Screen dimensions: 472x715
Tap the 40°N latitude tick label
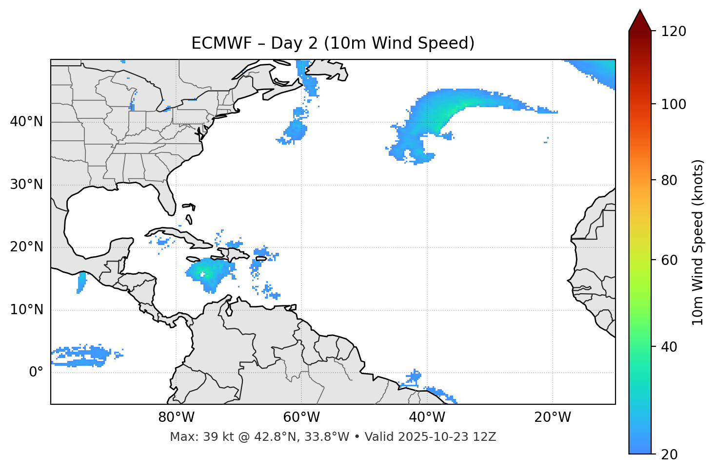[26, 122]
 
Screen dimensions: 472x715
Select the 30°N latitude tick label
[26, 185]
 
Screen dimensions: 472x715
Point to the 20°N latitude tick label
[26, 247]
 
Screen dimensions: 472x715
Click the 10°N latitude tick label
[26, 310]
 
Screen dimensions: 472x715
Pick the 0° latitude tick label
[36, 372]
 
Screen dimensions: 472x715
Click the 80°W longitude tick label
[176, 417]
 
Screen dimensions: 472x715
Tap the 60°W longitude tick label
[301, 417]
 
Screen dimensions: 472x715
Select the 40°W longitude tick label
[427, 417]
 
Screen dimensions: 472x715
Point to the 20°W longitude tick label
[552, 417]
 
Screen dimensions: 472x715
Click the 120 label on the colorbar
[674, 32]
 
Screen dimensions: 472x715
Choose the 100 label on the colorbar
[674, 104]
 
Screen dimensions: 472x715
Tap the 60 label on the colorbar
[669, 260]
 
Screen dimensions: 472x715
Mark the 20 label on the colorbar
[669, 454]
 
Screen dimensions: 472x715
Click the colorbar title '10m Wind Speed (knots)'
[698, 242]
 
